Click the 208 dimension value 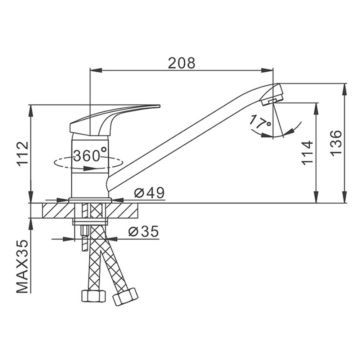(x=181, y=63)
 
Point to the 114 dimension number (x=307, y=153)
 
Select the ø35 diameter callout (x=144, y=231)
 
